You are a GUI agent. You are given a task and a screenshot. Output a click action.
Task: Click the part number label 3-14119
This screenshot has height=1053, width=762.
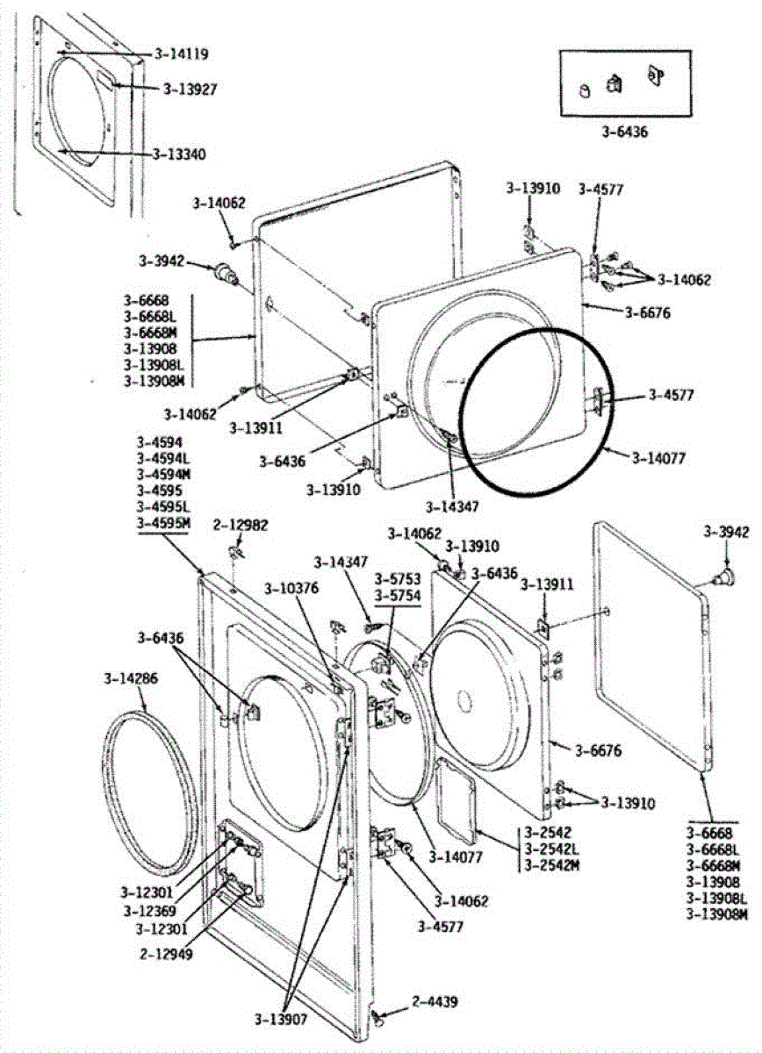pyautogui.click(x=181, y=54)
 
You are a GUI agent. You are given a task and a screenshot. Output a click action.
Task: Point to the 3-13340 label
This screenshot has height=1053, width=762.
pyautogui.click(x=179, y=154)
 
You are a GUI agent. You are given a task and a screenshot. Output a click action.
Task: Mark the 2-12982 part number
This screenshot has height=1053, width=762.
pyautogui.click(x=240, y=526)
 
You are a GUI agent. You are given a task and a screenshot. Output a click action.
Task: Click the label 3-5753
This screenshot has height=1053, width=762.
pyautogui.click(x=397, y=580)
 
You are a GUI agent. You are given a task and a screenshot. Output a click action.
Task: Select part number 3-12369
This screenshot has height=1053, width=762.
pyautogui.click(x=148, y=911)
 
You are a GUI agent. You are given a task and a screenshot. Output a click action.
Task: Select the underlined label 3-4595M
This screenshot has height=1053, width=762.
pyautogui.click(x=163, y=524)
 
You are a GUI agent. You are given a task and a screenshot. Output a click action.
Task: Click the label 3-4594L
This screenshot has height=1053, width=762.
pyautogui.click(x=163, y=459)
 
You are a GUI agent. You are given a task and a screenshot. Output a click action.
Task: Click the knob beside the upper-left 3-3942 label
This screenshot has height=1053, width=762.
pyautogui.click(x=230, y=273)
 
